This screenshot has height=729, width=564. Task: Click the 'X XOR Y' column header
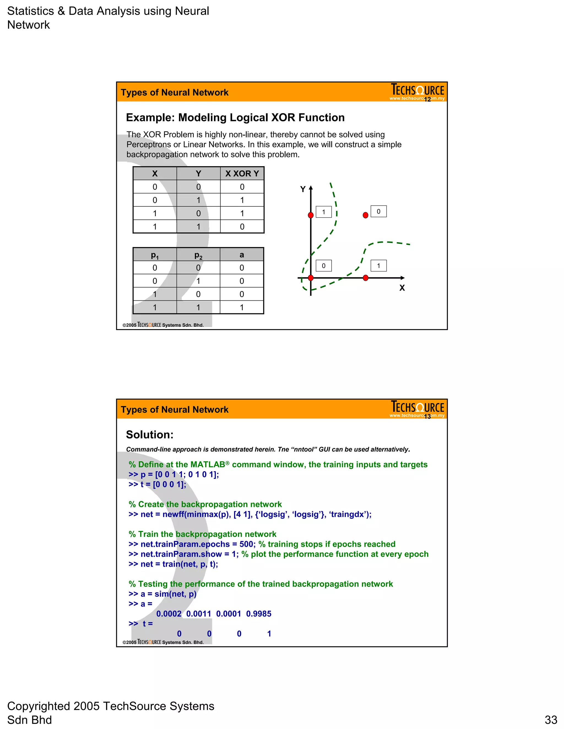coord(242,174)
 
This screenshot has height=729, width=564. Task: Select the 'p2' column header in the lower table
coord(198,255)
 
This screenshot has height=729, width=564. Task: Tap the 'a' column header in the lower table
coord(242,255)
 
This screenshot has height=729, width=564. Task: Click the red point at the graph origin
coord(311,278)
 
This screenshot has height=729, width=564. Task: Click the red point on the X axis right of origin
coord(365,278)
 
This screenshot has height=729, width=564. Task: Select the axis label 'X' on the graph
coord(402,288)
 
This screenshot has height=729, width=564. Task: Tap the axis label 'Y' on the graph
coord(303,189)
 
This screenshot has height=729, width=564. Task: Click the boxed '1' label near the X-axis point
coord(379,266)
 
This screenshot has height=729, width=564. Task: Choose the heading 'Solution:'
coord(150,435)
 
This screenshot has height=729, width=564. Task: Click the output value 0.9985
coord(259,614)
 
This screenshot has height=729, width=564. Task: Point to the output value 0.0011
coord(199,614)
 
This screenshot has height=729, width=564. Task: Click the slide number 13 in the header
coord(427,416)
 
